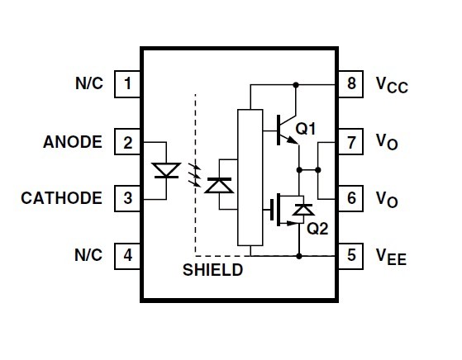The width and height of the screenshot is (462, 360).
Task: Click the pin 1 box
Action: (x=127, y=84)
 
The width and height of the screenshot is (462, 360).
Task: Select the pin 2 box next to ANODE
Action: (x=127, y=142)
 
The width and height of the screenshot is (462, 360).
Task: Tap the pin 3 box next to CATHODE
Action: (x=127, y=198)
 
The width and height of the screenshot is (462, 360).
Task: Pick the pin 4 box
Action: (x=127, y=256)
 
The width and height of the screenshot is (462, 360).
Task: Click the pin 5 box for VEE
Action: (x=350, y=256)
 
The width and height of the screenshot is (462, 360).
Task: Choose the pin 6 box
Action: (x=350, y=198)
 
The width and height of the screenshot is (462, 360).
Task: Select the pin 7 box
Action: (x=350, y=142)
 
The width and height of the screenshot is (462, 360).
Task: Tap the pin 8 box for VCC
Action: (x=350, y=84)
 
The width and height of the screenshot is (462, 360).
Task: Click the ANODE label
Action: (x=73, y=142)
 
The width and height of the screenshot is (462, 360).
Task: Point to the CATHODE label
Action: (x=61, y=198)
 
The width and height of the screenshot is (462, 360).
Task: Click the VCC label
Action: (x=392, y=85)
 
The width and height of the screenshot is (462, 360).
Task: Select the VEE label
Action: (x=391, y=257)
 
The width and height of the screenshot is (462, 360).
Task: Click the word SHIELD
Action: (x=212, y=270)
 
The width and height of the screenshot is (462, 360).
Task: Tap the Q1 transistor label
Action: (x=306, y=129)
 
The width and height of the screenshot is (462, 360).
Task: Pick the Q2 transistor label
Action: (x=317, y=229)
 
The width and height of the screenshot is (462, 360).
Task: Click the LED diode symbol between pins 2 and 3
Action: (x=166, y=171)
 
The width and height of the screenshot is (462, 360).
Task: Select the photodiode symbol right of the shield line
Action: (x=219, y=186)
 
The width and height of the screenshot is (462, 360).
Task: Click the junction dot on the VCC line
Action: (x=296, y=85)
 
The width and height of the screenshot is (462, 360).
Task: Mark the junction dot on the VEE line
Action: (x=299, y=256)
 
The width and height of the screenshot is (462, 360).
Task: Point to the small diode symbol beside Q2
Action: (x=303, y=210)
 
